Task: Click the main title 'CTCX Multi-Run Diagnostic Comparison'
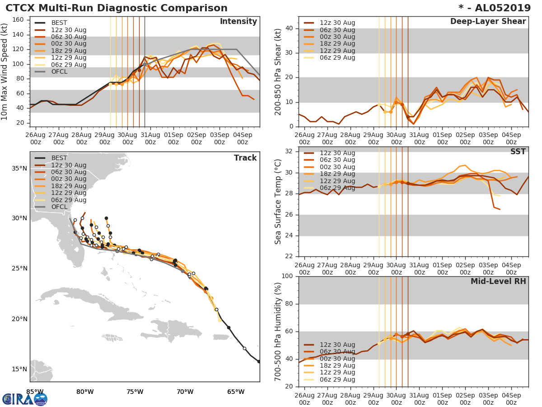coord(117,8)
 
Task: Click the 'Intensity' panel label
coord(238,22)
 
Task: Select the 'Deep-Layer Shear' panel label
coord(488,22)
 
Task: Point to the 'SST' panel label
coord(518,151)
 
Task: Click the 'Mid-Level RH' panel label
coord(498,281)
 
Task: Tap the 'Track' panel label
coord(245,158)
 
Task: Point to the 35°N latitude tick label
coord(19,169)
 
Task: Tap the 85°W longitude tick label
coord(35,392)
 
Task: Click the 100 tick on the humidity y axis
coord(288,276)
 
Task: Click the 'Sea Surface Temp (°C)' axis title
coord(278,201)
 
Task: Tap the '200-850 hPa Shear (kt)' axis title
coord(278,71)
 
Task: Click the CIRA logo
coord(25,399)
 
